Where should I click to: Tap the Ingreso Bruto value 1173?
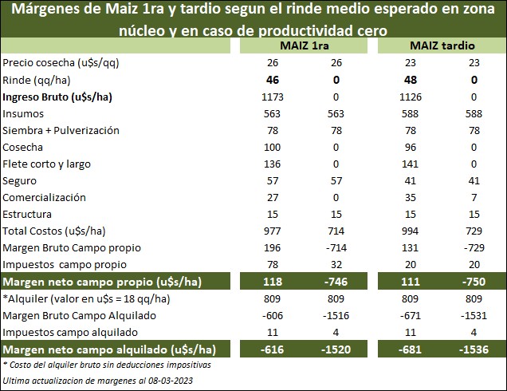[x=272, y=97]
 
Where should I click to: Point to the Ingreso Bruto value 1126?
[x=407, y=97]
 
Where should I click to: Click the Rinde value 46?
[x=272, y=81]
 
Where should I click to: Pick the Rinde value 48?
[x=407, y=81]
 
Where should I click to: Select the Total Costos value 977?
[x=272, y=231]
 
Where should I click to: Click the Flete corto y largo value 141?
[x=407, y=164]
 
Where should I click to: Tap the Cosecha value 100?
[x=272, y=148]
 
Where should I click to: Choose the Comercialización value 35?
[x=407, y=198]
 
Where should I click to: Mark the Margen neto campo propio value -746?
[x=336, y=283]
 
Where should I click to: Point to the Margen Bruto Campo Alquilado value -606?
[x=272, y=317]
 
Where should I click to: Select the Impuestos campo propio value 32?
[x=336, y=265]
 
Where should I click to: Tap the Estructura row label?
[x=28, y=215]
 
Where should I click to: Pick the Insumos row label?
[x=23, y=114]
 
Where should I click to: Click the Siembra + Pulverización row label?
[x=61, y=131]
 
